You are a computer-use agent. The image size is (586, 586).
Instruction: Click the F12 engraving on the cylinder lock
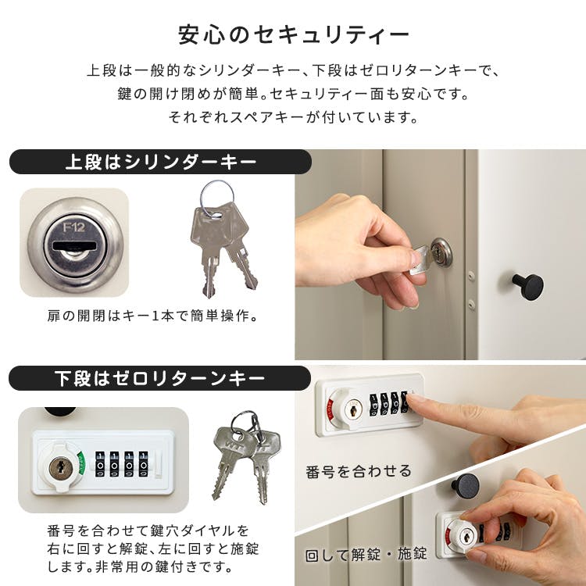[73, 227]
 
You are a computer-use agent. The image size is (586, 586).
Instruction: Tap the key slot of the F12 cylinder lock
[74, 246]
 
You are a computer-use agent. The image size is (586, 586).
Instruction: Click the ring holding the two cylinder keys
[217, 198]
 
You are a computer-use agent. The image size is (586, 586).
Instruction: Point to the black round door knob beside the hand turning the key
[527, 286]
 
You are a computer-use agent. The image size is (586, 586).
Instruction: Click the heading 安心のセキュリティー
[293, 34]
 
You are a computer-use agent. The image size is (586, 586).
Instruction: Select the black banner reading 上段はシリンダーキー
[160, 162]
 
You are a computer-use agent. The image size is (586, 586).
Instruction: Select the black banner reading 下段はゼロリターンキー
[159, 378]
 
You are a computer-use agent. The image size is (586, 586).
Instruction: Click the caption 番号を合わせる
[359, 471]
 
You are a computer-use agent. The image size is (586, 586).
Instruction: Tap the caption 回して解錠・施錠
[366, 554]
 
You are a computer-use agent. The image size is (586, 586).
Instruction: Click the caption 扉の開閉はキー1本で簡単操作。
[152, 316]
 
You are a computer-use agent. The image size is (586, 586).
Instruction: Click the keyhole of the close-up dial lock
[60, 467]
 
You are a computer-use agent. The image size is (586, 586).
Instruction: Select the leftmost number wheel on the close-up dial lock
[100, 464]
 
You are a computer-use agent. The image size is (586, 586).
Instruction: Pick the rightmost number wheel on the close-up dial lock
[144, 464]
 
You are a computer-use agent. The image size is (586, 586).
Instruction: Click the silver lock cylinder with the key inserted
[441, 251]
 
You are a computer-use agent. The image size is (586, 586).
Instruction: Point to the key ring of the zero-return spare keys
[245, 422]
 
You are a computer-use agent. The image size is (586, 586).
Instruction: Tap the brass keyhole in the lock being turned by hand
[466, 538]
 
